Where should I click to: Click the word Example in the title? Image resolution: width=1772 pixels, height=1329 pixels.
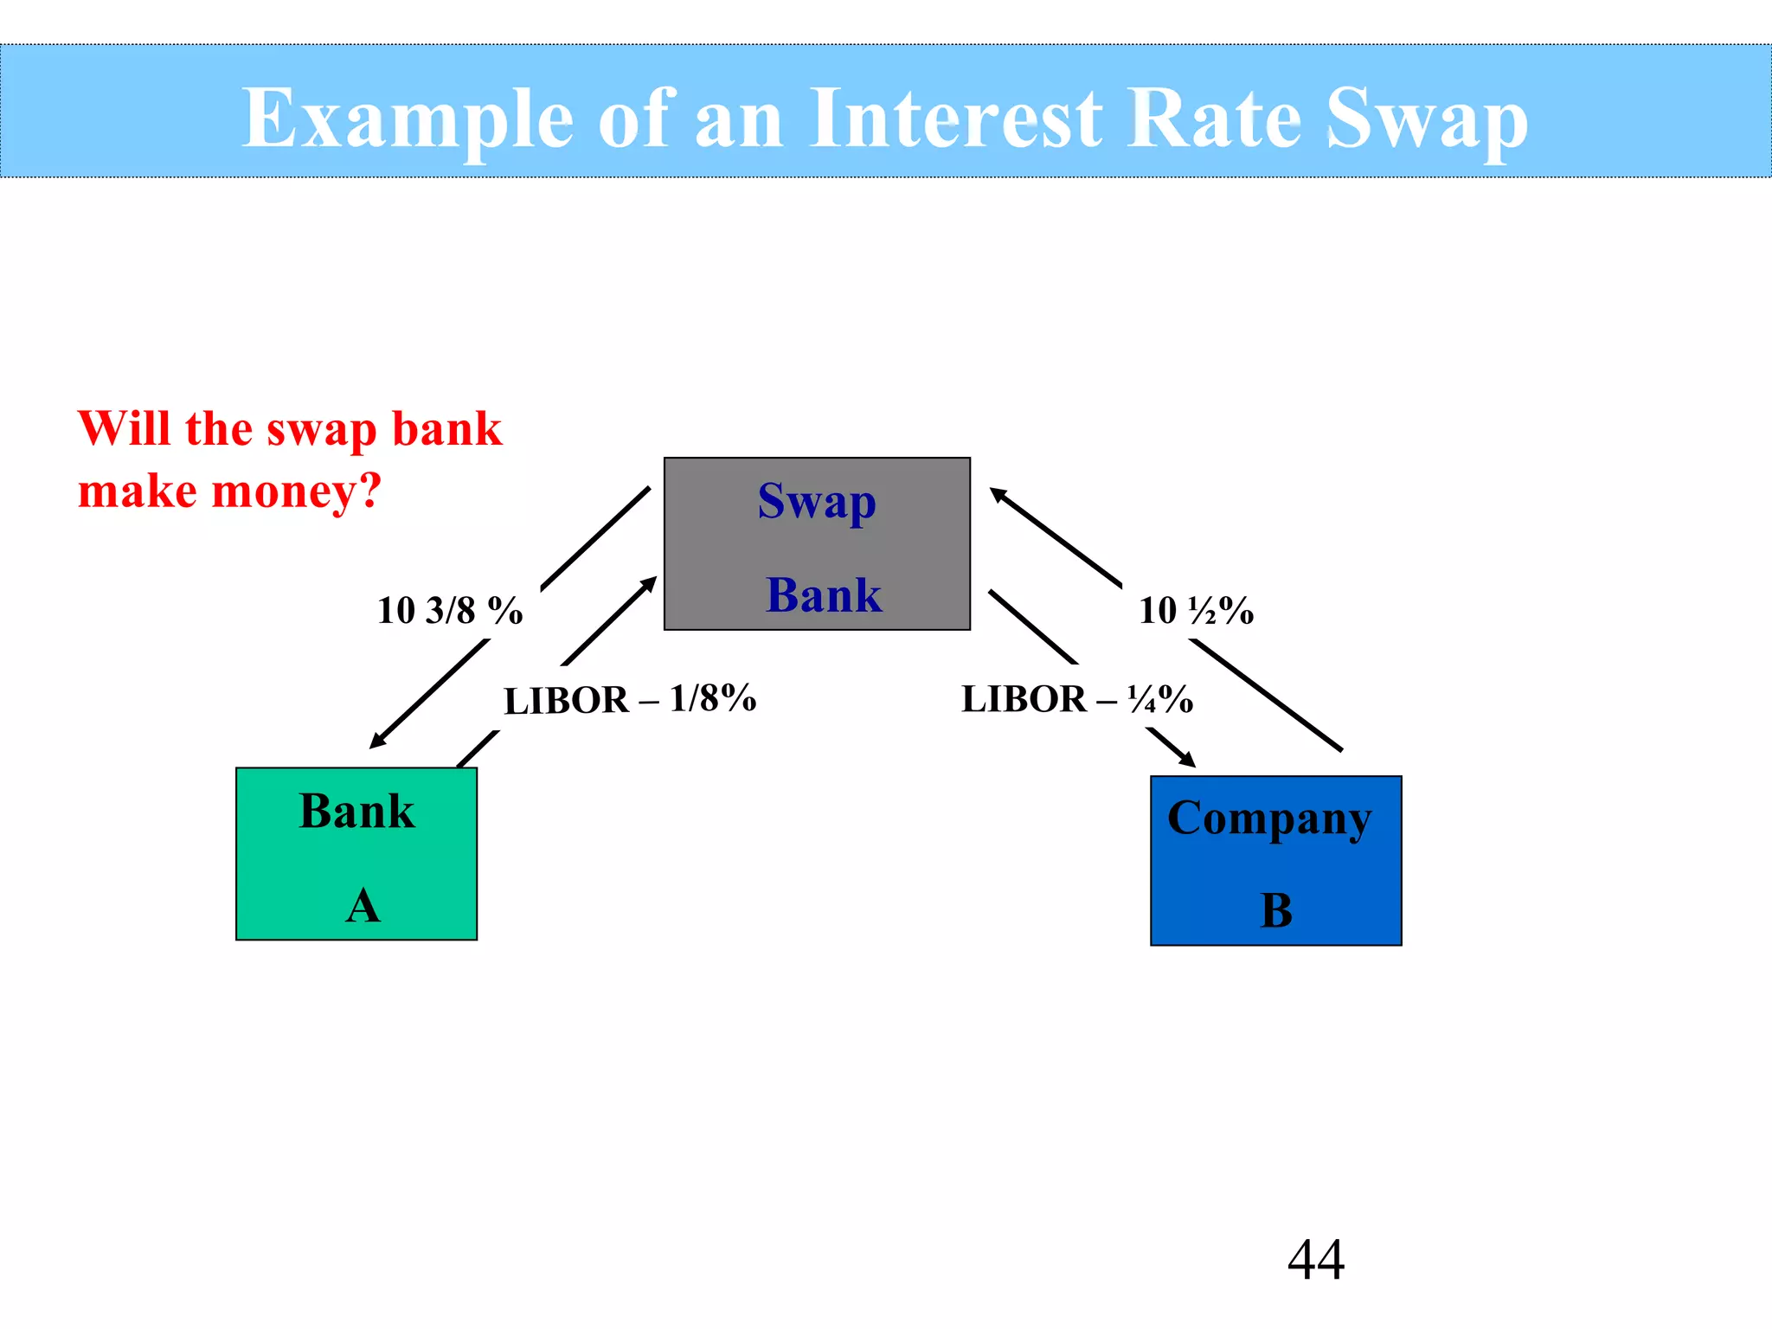[407, 119]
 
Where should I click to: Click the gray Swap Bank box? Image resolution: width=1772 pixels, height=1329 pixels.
[817, 543]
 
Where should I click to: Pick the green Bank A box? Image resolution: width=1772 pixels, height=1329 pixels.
[356, 853]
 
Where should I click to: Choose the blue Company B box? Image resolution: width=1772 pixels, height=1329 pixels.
[1275, 860]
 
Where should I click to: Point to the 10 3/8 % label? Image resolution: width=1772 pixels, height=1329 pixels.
[450, 611]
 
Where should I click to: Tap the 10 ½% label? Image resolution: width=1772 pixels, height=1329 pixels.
[1196, 611]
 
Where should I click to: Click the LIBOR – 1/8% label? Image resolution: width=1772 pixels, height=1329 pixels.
[630, 699]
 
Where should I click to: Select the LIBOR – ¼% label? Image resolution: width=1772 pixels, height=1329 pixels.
[1077, 699]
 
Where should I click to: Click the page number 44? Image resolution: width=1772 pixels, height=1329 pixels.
[1316, 1259]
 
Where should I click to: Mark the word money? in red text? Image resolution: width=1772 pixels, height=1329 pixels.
[296, 491]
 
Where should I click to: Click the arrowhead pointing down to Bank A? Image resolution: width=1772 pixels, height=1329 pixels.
[376, 742]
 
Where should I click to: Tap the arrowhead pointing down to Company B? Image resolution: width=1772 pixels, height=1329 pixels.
[1187, 761]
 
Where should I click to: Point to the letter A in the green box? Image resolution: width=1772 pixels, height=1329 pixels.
[363, 906]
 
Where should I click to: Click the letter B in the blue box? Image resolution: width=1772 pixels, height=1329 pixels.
[1276, 910]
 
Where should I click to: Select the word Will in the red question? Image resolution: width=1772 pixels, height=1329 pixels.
[124, 428]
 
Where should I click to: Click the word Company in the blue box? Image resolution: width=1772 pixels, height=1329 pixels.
[1268, 819]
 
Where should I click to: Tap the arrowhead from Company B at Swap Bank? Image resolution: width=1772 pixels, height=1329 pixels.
[998, 494]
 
